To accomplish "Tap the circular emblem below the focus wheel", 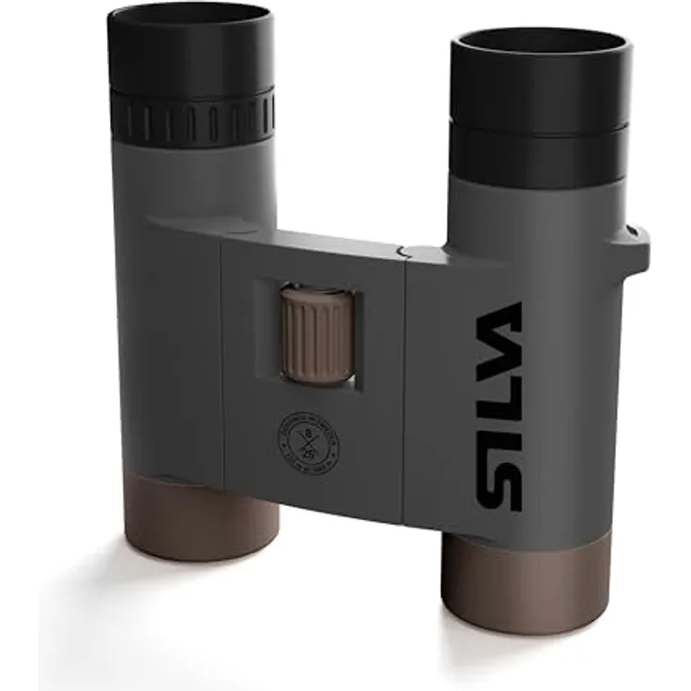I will (x=309, y=440).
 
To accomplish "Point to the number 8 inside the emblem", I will (x=309, y=433).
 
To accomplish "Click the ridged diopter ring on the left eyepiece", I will (x=192, y=117).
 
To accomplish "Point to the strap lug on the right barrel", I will (x=638, y=243).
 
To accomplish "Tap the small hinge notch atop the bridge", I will (x=402, y=251).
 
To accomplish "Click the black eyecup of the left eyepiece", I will (x=188, y=56).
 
